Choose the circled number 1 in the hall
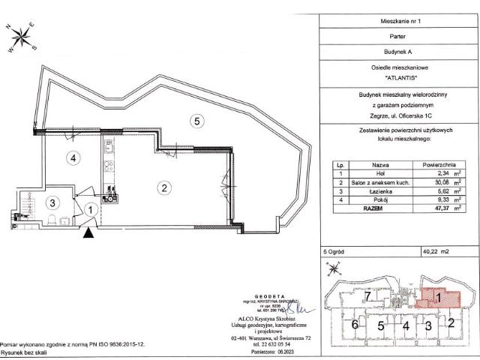(x=89, y=211)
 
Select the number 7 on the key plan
(x=370, y=298)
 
